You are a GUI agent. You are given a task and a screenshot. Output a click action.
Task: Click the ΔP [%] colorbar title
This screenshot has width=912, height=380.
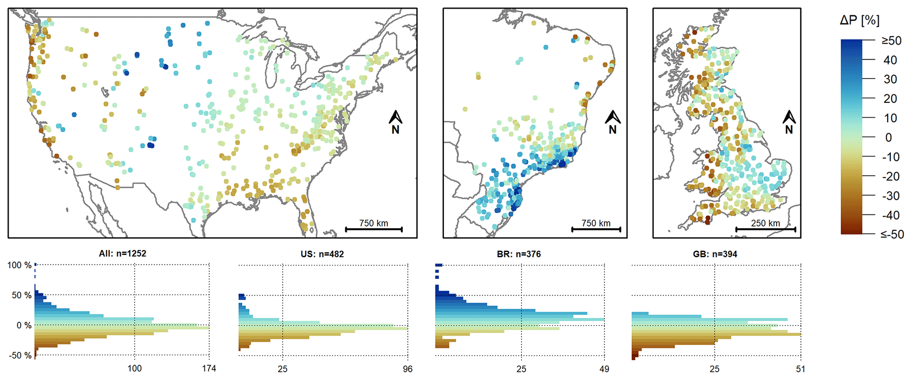pyautogui.click(x=859, y=20)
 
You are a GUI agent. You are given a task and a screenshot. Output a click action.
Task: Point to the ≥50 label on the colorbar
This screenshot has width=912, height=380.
pyautogui.click(x=891, y=41)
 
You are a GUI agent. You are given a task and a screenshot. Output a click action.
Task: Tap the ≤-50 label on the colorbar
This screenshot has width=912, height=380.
pyautogui.click(x=892, y=234)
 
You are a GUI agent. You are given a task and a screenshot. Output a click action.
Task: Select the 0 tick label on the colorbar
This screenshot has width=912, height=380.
pyautogui.click(x=888, y=137)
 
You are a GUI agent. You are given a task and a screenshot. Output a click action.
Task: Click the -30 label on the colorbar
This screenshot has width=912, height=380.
pyautogui.click(x=890, y=196)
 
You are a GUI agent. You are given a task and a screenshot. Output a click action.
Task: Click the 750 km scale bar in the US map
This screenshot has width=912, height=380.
pyautogui.click(x=374, y=229)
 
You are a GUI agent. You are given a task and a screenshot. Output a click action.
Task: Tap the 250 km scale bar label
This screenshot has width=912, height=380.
pyautogui.click(x=765, y=223)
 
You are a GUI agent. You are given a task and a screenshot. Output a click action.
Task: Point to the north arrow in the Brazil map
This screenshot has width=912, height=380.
pyautogui.click(x=612, y=122)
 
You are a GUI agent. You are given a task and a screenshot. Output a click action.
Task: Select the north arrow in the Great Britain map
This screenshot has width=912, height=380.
pyautogui.click(x=789, y=122)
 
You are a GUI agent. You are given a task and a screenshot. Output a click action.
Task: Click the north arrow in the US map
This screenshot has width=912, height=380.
pyautogui.click(x=395, y=122)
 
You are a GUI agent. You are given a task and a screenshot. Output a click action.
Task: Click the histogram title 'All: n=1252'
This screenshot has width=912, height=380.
pyautogui.click(x=123, y=254)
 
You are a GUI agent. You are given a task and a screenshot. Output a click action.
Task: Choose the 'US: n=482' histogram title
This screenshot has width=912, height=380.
pyautogui.click(x=322, y=254)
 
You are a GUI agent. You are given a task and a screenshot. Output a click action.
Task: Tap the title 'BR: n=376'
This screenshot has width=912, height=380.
pyautogui.click(x=519, y=254)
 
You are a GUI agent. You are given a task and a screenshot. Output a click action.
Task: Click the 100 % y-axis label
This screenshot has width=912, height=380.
pyautogui.click(x=19, y=265)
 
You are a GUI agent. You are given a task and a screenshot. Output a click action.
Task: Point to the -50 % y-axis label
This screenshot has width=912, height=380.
pyautogui.click(x=20, y=355)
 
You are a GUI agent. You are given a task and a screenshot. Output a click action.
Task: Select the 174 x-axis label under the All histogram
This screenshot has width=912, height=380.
pyautogui.click(x=209, y=369)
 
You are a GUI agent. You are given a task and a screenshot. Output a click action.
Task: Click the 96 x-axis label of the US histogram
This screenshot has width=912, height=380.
pyautogui.click(x=408, y=369)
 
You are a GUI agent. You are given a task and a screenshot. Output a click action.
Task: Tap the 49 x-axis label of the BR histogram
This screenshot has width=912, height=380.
pyautogui.click(x=604, y=369)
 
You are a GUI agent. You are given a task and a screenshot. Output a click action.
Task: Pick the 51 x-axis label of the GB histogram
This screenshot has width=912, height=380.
pyautogui.click(x=800, y=369)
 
